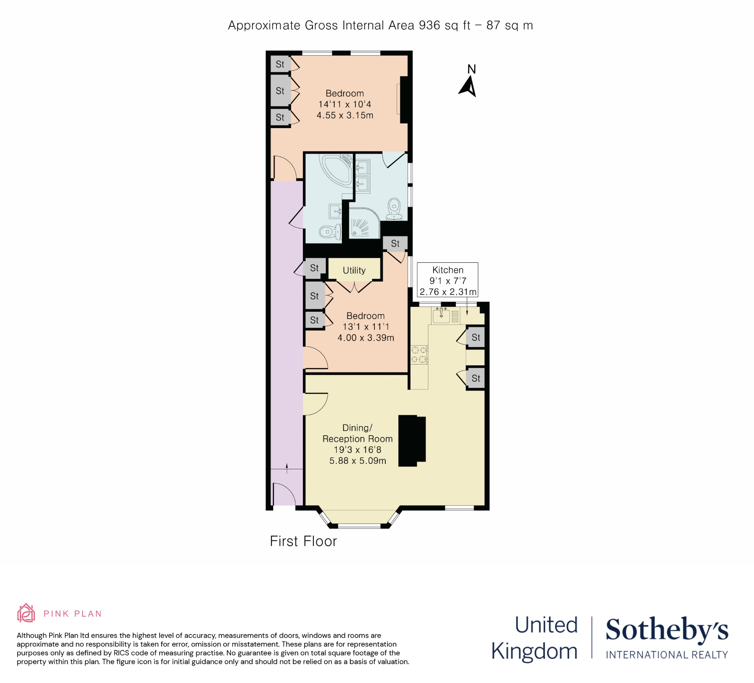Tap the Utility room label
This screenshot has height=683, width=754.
(354, 270)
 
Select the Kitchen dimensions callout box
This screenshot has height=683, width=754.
(448, 280)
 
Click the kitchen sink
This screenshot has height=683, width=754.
(441, 315)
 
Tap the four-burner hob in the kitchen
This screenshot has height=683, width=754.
(419, 354)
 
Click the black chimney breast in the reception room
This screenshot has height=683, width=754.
(412, 441)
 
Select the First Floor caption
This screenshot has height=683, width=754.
(303, 542)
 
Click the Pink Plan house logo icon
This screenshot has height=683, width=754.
(26, 613)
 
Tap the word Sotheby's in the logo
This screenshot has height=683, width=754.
(667, 629)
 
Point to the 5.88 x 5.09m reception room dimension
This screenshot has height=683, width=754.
(357, 461)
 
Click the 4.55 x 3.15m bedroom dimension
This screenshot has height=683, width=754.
(345, 116)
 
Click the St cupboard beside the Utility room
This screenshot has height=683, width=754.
(314, 268)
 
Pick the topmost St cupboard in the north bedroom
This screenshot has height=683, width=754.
(280, 64)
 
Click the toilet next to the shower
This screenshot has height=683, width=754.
(394, 209)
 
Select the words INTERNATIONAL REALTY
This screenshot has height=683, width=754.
(667, 655)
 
